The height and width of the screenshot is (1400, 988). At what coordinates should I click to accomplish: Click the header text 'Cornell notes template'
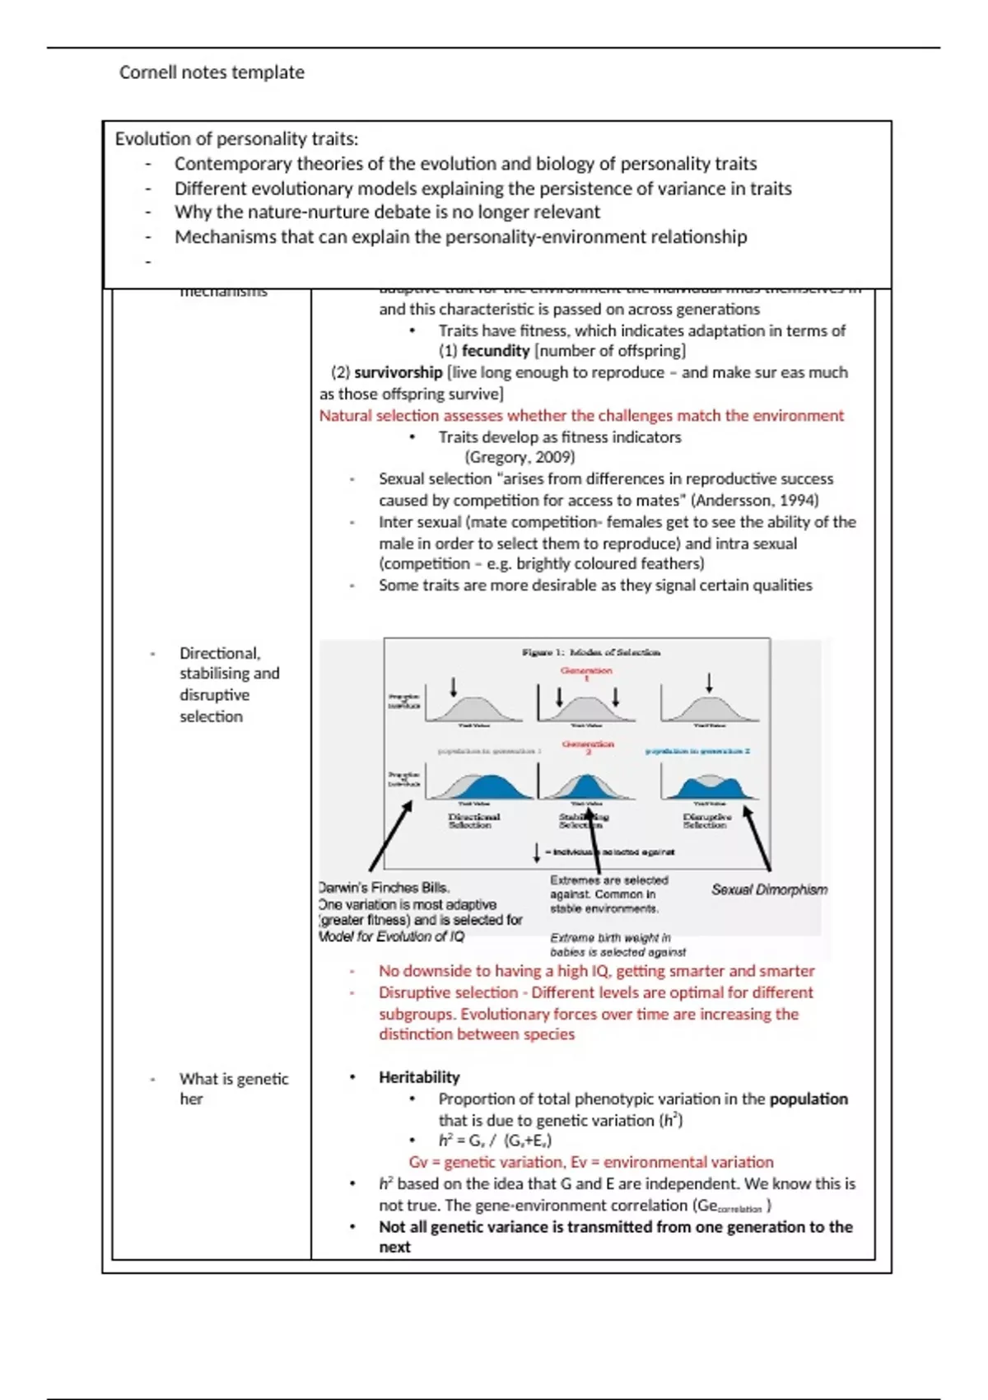coord(212,72)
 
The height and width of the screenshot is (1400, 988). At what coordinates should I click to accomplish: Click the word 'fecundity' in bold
coord(496,351)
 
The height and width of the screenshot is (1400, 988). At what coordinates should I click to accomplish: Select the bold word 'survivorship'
coord(398,372)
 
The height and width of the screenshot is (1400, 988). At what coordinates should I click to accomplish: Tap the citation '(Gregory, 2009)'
coord(520,457)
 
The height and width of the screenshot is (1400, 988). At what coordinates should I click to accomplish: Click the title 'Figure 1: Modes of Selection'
coord(590,652)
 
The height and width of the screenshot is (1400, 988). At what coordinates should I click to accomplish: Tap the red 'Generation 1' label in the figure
coord(586,674)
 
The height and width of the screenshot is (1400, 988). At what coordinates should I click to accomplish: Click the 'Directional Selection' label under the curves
coord(473,820)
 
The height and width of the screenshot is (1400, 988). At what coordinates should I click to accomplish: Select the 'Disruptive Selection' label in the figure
coord(706,820)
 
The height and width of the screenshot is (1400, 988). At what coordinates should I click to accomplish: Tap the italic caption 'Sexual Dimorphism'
coord(769,889)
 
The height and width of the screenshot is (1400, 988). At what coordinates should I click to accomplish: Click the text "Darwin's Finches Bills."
coord(384,888)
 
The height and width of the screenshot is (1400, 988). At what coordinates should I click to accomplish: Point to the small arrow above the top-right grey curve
coord(709,682)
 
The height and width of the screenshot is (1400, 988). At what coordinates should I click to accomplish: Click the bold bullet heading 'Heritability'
coord(419,1077)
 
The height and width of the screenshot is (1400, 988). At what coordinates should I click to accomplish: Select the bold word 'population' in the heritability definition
coord(808,1099)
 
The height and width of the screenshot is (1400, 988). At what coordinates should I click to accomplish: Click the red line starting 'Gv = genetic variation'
coord(590,1162)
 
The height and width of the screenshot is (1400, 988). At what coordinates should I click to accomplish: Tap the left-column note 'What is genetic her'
coord(233,1088)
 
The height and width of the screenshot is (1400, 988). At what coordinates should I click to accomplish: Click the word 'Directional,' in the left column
coord(220,653)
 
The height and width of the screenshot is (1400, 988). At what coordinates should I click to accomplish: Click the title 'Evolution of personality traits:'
coord(236,139)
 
